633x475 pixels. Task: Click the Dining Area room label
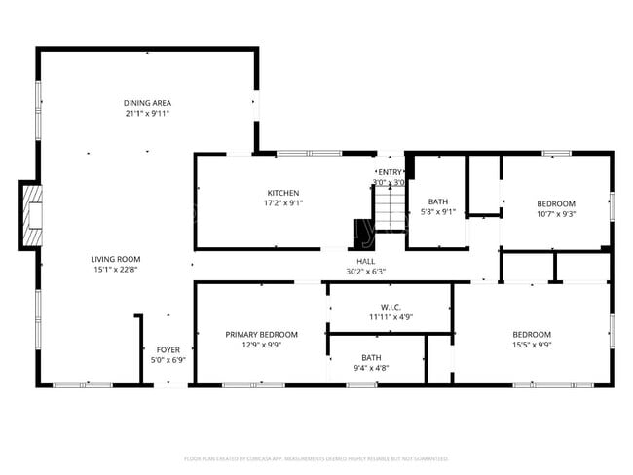coord(147,103)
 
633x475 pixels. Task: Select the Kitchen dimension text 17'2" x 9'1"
coord(283,203)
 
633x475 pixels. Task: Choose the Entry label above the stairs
coord(390,172)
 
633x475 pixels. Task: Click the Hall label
coord(365,261)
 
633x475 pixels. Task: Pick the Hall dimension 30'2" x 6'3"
coord(365,272)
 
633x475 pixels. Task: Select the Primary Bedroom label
coord(262,334)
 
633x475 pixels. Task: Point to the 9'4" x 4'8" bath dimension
coord(371,368)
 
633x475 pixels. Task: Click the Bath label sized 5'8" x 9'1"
coord(437,201)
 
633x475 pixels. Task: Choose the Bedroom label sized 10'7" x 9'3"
coord(556,203)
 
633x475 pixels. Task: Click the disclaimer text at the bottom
coord(316,458)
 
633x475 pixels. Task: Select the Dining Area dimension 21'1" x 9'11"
coord(147,114)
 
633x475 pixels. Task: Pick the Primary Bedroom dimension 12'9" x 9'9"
coord(262,345)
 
